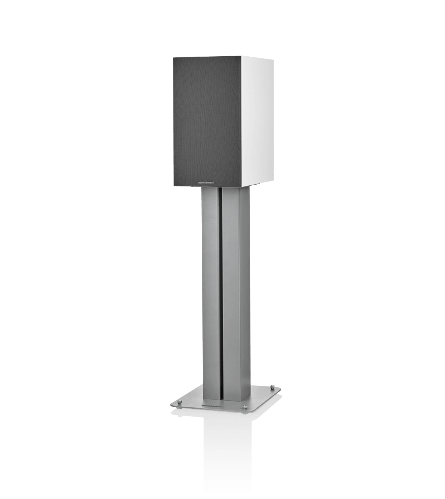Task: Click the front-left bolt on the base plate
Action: point(180,401)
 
